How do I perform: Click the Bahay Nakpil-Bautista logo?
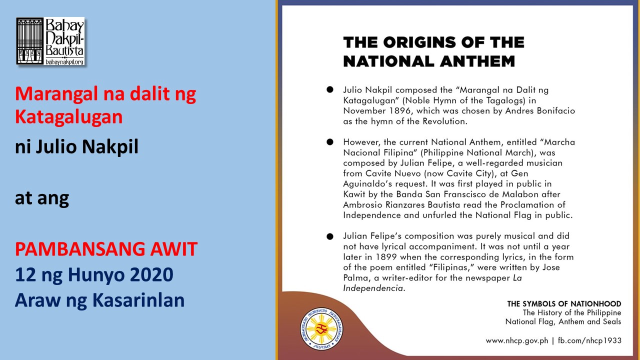pos(50,41)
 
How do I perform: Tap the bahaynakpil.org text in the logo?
pos(64,61)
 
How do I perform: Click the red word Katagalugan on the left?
pos(69,117)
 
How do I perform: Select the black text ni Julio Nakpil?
pos(76,146)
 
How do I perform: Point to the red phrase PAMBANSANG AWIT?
pos(106,249)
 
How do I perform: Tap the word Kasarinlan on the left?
pos(138,300)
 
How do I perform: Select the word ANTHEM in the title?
pos(477,61)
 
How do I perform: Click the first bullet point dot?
pos(330,89)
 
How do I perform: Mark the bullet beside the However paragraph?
pos(330,142)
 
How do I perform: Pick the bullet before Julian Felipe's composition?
pos(330,236)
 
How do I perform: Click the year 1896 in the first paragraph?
pos(400,111)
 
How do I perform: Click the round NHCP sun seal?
pos(321,329)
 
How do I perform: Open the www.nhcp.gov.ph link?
pos(517,341)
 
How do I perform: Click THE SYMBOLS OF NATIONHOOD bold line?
pos(564,303)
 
